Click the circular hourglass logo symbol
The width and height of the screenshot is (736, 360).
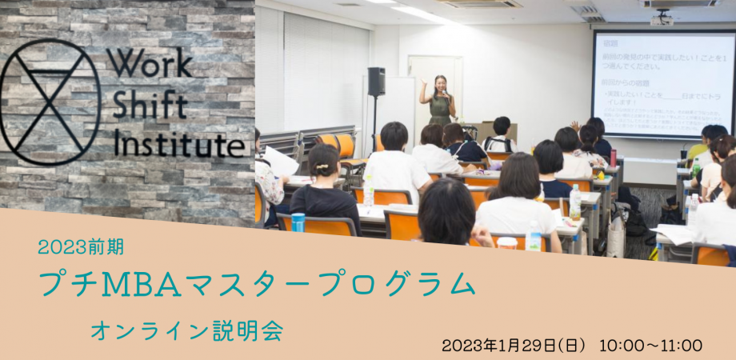pos(50,102)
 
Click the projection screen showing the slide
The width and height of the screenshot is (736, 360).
pos(662,83)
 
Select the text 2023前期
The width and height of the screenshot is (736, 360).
pos(81,247)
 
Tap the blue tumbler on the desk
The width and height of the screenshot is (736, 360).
pos(298,222)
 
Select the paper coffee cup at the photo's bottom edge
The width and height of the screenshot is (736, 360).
pos(507,242)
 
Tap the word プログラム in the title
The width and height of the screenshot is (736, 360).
pos(400,285)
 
